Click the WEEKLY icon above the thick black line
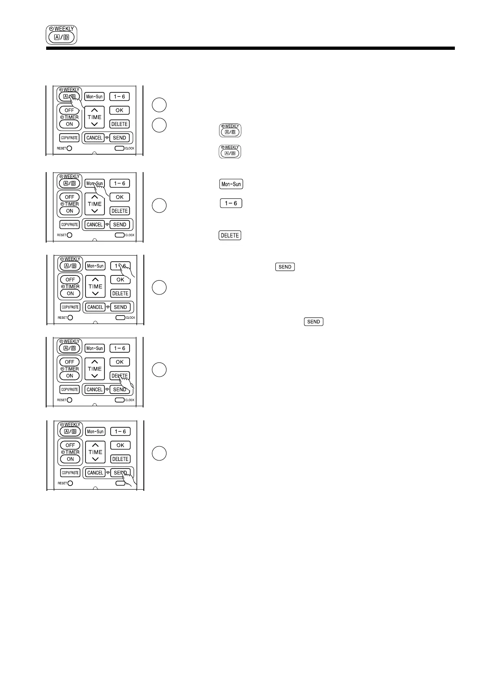tap(61, 35)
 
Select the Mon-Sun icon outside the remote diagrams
tap(231, 184)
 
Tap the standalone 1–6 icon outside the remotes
tap(231, 203)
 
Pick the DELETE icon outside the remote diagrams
tap(230, 235)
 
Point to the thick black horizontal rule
tap(250, 48)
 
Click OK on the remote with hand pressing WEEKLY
tap(119, 110)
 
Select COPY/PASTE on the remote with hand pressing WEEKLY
tap(69, 138)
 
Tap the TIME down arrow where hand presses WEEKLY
tap(94, 124)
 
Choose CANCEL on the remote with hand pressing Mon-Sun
tap(94, 225)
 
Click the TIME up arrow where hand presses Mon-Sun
tap(95, 197)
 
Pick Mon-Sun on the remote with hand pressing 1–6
tap(96, 266)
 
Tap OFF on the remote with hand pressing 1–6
tap(70, 279)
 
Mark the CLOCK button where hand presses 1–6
tap(120, 318)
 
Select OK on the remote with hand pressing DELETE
tap(119, 362)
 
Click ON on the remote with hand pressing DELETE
tap(70, 376)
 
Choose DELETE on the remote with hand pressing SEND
tap(120, 459)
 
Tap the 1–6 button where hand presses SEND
tap(120, 431)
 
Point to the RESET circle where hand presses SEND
tap(70, 483)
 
